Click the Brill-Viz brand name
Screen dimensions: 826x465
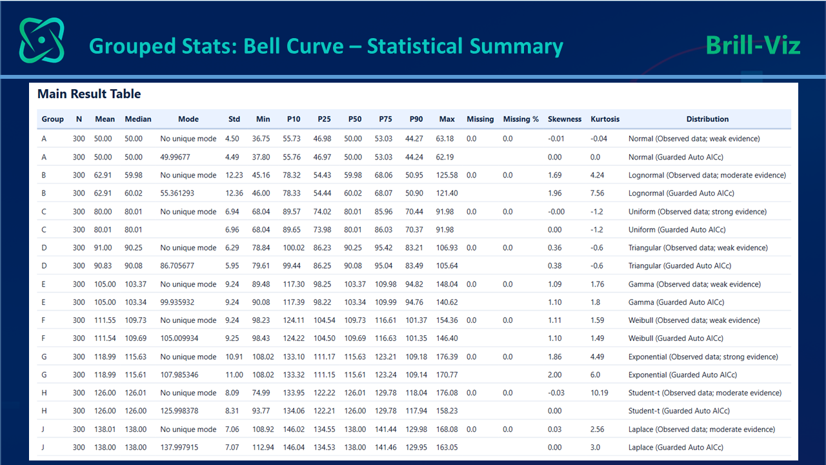click(x=753, y=46)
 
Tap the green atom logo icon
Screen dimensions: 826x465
click(x=42, y=40)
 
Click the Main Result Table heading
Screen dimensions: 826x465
click(x=89, y=94)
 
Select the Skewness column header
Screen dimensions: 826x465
click(x=564, y=119)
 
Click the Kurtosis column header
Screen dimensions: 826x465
click(x=605, y=119)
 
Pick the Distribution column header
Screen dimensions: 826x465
click(x=707, y=119)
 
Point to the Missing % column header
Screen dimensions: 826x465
click(x=521, y=119)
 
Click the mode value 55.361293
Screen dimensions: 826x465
click(x=177, y=193)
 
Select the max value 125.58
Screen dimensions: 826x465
click(x=447, y=175)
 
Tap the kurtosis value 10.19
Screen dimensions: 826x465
click(x=599, y=393)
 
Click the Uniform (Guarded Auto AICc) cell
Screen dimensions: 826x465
click(x=677, y=229)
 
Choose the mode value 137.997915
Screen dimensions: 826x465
click(x=179, y=448)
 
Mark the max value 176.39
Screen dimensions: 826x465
click(x=447, y=357)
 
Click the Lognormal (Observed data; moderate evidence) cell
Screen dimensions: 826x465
click(x=707, y=175)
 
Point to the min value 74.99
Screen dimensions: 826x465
click(x=261, y=393)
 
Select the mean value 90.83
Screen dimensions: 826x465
click(x=103, y=265)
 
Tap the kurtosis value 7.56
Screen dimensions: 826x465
click(x=597, y=193)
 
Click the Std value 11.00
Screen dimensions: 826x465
click(x=234, y=375)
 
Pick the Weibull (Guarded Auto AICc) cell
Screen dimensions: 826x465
click(x=676, y=338)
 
